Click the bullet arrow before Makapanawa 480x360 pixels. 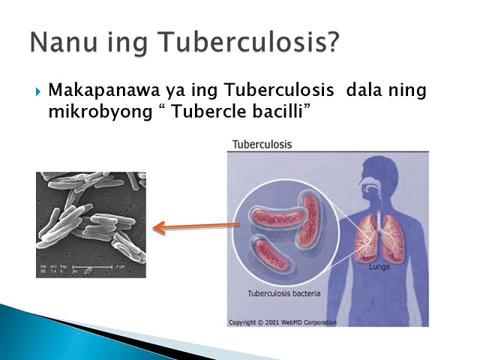click(37, 91)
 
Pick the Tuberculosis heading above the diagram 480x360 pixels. click(262, 144)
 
